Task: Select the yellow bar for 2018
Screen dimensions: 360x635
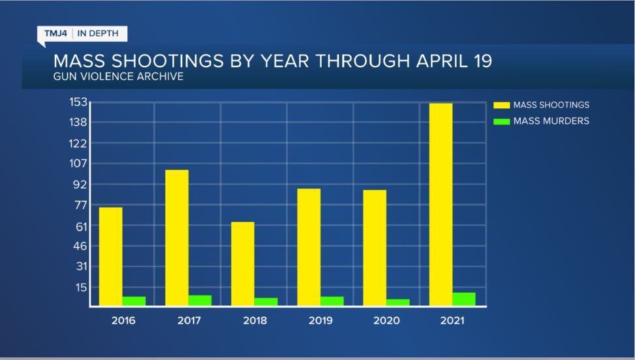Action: (x=243, y=263)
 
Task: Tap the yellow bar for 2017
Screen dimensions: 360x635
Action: (x=177, y=237)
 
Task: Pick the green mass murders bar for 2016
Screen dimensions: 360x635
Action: (x=134, y=301)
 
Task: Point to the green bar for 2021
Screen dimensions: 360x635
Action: (x=464, y=299)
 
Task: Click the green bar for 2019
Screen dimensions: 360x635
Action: (x=332, y=301)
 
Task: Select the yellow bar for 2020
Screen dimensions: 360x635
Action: (x=375, y=248)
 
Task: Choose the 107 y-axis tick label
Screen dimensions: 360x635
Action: (x=78, y=163)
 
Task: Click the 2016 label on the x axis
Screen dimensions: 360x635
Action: (x=123, y=321)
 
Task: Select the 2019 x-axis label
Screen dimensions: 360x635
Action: (x=320, y=321)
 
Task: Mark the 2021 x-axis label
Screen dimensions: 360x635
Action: (x=452, y=321)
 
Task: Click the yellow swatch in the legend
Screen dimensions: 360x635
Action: (x=501, y=104)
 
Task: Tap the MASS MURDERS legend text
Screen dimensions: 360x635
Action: (x=551, y=121)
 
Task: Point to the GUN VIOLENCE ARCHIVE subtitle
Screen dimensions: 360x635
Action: (x=118, y=77)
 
